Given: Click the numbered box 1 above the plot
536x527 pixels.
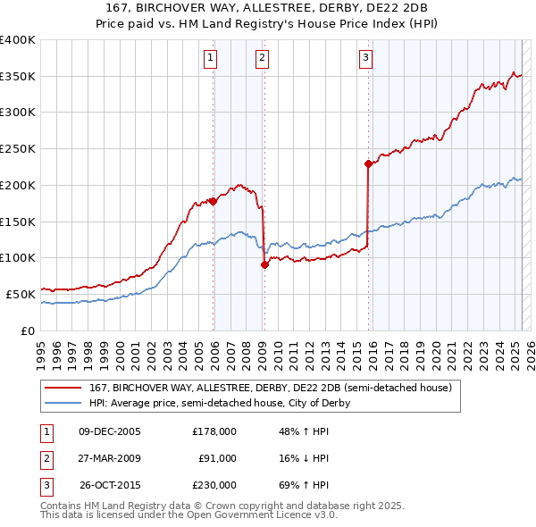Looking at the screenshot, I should pyautogui.click(x=210, y=59).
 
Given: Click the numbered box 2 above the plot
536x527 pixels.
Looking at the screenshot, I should pyautogui.click(x=262, y=59).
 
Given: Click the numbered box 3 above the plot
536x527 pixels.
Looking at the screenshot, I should pyautogui.click(x=366, y=59).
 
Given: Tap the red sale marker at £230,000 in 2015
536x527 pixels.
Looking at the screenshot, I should pyautogui.click(x=368, y=163).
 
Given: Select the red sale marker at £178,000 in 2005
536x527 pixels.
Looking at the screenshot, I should pyautogui.click(x=214, y=201).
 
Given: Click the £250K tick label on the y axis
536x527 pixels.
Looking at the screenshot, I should pyautogui.click(x=18, y=148).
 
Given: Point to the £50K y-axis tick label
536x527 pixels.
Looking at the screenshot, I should pyautogui.click(x=21, y=293).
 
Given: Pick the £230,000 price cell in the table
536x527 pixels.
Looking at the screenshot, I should pyautogui.click(x=214, y=485).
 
